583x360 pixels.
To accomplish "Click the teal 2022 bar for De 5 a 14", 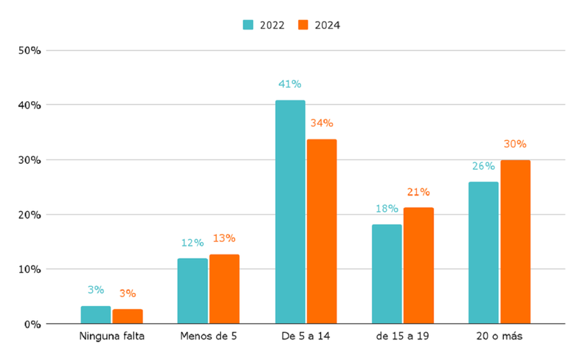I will (290, 212).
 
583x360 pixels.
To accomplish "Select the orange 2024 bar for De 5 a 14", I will (322, 231).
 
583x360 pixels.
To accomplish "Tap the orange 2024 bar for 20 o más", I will (515, 242).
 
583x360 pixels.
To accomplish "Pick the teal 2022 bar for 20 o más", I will (483, 252).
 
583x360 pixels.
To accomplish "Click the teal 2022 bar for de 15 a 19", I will (387, 274).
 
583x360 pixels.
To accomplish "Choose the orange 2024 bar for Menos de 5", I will (224, 288).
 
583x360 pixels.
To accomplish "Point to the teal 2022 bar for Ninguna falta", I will (96, 314).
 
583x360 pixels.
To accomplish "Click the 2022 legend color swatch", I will (248, 25).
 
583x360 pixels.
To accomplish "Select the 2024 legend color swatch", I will (303, 25).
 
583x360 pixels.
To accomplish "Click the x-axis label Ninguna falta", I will (111, 337).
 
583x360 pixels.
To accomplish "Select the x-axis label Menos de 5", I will (208, 337).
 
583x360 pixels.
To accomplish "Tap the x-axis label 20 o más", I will (499, 337).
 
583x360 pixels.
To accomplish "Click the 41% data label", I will (289, 85).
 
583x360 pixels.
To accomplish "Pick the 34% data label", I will (321, 123).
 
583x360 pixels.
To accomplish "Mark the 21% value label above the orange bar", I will (418, 192).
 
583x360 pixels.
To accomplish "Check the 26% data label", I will (483, 166).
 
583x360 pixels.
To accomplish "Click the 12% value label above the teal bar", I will (192, 243).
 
